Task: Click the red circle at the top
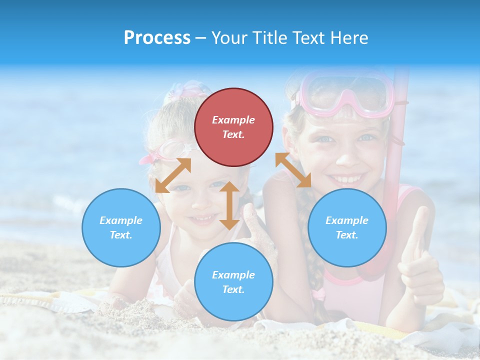coord(233,127)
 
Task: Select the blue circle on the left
coord(121,227)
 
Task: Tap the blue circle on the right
coord(347,227)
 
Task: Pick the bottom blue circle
coord(233,282)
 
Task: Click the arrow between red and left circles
coord(173,175)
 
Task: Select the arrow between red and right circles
coord(293,170)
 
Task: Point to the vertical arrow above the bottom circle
coord(229,205)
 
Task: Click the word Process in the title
coord(157,38)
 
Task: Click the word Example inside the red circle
coord(233,120)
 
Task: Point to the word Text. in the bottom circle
coord(233,289)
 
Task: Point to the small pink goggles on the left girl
coord(167,150)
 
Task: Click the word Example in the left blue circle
coord(121,220)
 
